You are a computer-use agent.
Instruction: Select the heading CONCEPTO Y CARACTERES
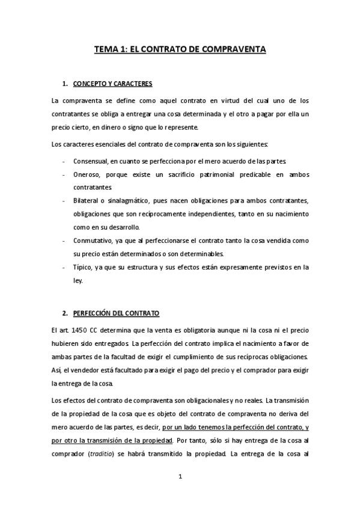click(112, 83)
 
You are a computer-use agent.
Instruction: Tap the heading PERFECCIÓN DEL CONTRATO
click(116, 314)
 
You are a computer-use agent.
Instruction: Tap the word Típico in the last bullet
click(82, 267)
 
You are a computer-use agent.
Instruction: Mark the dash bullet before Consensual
click(64, 162)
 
